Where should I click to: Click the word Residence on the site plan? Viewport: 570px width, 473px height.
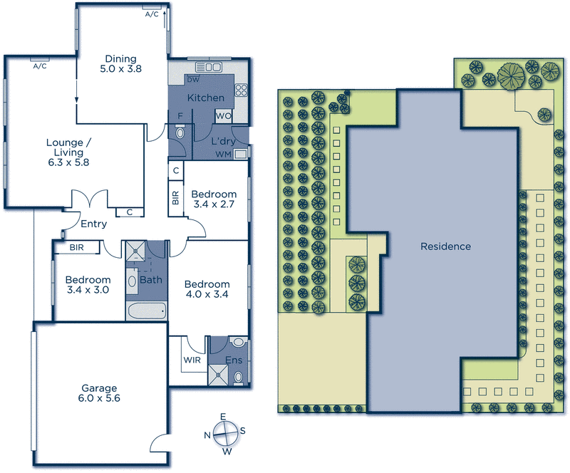445,246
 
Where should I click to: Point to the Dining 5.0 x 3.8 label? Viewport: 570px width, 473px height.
120,64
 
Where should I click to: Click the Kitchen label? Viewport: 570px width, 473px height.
206,98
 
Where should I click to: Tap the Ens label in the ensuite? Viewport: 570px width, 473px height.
233,360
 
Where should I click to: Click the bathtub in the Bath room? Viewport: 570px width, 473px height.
146,311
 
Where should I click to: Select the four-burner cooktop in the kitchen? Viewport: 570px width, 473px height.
240,90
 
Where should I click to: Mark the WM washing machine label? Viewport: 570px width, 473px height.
223,154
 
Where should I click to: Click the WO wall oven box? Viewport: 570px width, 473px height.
222,115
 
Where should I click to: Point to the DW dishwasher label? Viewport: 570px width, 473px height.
193,79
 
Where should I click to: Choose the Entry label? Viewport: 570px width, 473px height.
93,224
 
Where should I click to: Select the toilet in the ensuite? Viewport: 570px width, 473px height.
239,375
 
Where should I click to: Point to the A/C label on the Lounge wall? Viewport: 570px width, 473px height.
39,66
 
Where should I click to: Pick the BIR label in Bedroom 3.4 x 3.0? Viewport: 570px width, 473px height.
77,248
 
